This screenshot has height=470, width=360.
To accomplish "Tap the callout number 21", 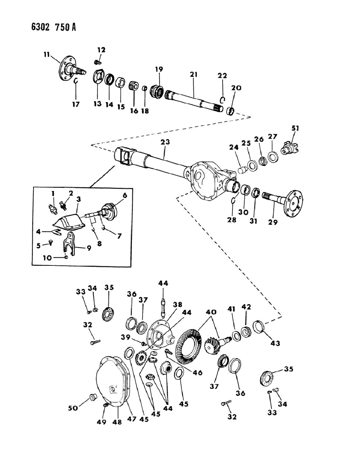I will [x=194, y=74].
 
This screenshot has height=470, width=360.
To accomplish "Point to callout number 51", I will [x=295, y=128].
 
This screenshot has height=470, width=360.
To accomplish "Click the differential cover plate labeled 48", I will [x=111, y=380].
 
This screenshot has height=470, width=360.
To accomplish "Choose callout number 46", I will [x=198, y=373].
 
